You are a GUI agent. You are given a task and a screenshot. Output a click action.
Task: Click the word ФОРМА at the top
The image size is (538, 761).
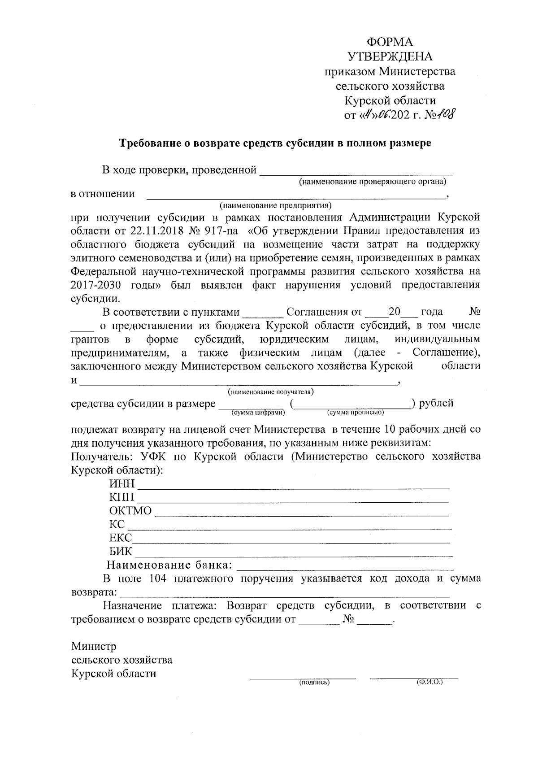(x=390, y=42)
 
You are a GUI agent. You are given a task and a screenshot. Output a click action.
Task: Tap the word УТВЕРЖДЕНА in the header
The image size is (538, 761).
(x=390, y=57)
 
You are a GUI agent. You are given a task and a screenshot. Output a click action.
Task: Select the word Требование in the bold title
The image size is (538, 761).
(x=149, y=144)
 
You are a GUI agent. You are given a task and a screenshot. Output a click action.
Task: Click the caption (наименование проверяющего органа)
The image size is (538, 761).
(x=373, y=182)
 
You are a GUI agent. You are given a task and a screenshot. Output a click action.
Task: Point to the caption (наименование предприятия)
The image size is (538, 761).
(x=275, y=206)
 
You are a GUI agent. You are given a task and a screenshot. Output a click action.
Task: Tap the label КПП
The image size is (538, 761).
(x=121, y=498)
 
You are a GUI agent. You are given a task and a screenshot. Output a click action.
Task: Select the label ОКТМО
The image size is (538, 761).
(x=130, y=511)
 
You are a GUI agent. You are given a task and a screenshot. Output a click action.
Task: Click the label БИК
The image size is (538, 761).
(x=121, y=552)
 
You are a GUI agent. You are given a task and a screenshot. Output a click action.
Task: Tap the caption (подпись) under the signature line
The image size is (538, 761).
(x=314, y=683)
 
